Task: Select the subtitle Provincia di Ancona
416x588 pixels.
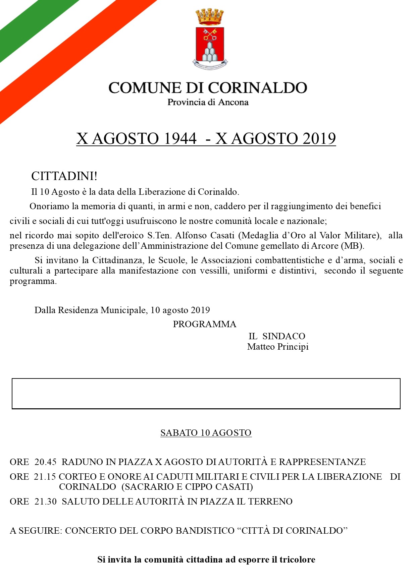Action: pyautogui.click(x=208, y=102)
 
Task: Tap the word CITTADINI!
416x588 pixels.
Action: pyautogui.click(x=64, y=176)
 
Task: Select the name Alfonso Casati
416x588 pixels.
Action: pyautogui.click(x=205, y=235)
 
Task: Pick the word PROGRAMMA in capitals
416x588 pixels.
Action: pyautogui.click(x=204, y=324)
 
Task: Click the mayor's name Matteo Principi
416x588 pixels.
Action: pyautogui.click(x=278, y=347)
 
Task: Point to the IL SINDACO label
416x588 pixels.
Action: pyautogui.click(x=277, y=336)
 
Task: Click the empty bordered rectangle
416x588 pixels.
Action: pyautogui.click(x=206, y=394)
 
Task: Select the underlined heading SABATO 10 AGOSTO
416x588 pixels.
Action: pyautogui.click(x=206, y=433)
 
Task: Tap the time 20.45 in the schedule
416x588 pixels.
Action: pyautogui.click(x=46, y=462)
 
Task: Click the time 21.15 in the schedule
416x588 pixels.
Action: pyautogui.click(x=45, y=477)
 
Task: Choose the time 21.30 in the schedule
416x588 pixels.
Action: pyautogui.click(x=46, y=502)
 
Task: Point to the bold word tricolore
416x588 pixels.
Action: pyautogui.click(x=297, y=560)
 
